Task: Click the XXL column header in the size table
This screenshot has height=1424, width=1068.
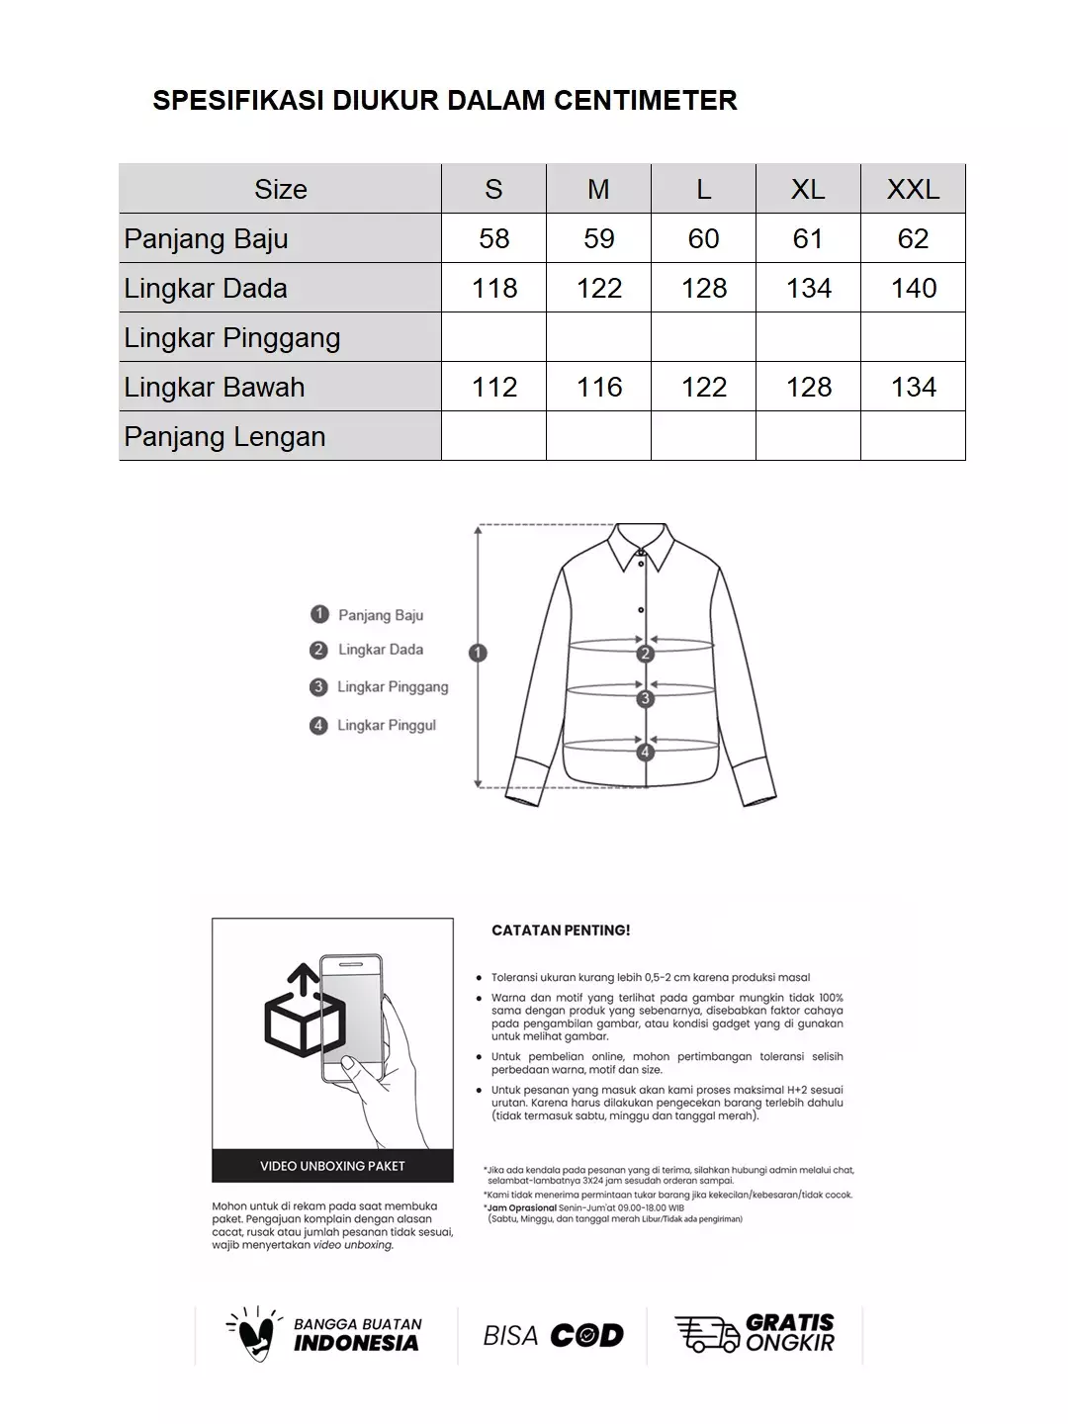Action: pyautogui.click(x=913, y=189)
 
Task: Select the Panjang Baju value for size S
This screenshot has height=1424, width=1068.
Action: pyautogui.click(x=493, y=238)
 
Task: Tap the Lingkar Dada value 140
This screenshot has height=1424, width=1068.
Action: pyautogui.click(x=913, y=288)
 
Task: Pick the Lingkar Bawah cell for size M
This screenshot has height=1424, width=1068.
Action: pyautogui.click(x=598, y=387)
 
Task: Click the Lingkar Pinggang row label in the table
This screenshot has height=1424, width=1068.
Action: pyautogui.click(x=231, y=337)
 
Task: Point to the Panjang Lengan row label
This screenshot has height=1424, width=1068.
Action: pyautogui.click(x=224, y=436)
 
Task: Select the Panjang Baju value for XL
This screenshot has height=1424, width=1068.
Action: pyautogui.click(x=808, y=238)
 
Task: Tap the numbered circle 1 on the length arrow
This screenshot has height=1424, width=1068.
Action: pyautogui.click(x=479, y=653)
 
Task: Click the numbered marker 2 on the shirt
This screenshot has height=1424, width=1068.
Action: pyautogui.click(x=646, y=654)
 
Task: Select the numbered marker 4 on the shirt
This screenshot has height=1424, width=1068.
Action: pyautogui.click(x=646, y=753)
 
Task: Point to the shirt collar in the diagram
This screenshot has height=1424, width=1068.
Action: pyautogui.click(x=641, y=546)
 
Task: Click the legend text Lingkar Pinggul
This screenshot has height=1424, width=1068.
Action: pyautogui.click(x=386, y=726)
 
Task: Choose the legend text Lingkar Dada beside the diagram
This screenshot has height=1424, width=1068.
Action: pyautogui.click(x=380, y=650)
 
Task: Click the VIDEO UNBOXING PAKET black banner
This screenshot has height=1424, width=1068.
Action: pyautogui.click(x=332, y=1166)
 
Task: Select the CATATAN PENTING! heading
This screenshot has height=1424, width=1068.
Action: pyautogui.click(x=561, y=931)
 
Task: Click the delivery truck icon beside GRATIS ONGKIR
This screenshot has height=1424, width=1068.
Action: pyautogui.click(x=706, y=1335)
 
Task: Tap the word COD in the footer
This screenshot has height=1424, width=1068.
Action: pyautogui.click(x=586, y=1336)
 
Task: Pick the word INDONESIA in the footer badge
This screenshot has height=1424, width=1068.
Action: pyautogui.click(x=356, y=1344)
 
